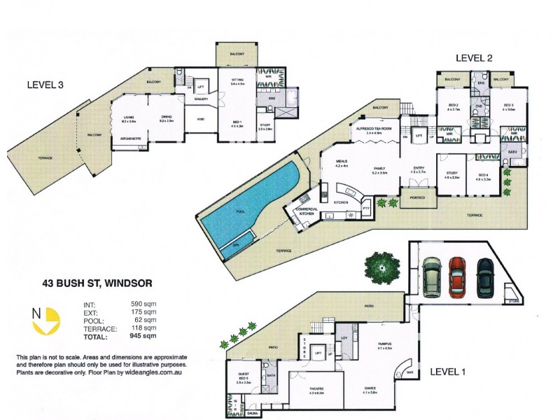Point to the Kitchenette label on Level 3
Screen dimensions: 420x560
pyautogui.click(x=127, y=139)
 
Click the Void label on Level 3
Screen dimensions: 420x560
pyautogui.click(x=201, y=118)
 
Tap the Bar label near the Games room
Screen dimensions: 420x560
pyautogui.click(x=409, y=372)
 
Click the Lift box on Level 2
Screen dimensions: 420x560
pyautogui.click(x=419, y=135)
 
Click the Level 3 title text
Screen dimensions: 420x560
pyautogui.click(x=45, y=85)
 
